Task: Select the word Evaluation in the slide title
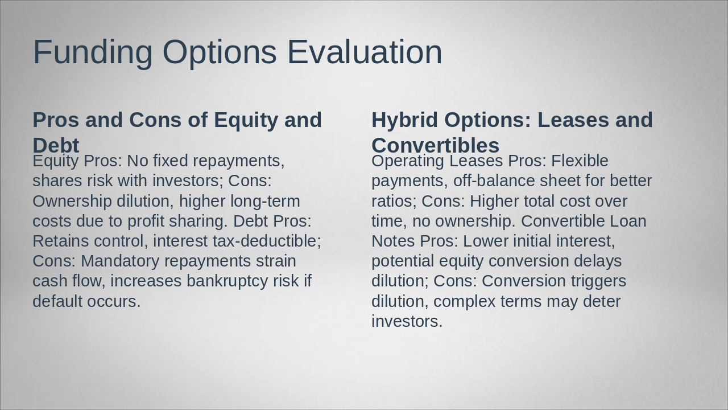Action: click(x=365, y=52)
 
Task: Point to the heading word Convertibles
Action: click(x=436, y=145)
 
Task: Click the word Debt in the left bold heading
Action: click(x=56, y=145)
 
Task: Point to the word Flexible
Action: click(x=580, y=161)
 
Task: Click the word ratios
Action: click(x=394, y=202)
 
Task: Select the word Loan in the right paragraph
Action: click(x=628, y=222)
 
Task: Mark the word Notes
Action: click(x=393, y=241)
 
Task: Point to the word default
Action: click(x=57, y=301)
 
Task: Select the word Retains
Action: click(x=61, y=241)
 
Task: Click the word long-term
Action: click(x=265, y=202)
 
